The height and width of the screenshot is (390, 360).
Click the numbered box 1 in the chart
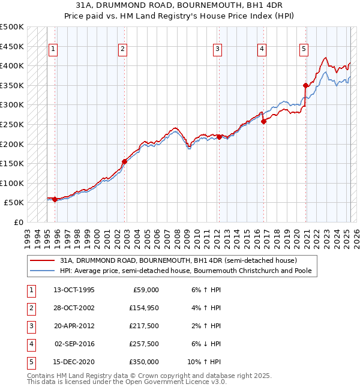[x=54, y=50]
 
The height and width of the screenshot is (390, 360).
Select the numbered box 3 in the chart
[x=217, y=50]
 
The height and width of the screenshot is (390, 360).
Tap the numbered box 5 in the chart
[x=304, y=50]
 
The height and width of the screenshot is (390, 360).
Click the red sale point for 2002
[x=124, y=161]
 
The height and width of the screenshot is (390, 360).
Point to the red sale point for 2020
[x=305, y=85]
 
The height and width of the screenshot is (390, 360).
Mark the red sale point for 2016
[x=263, y=121]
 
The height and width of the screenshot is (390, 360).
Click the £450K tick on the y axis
[x=12, y=46]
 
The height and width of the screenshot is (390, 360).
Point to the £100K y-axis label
[x=12, y=183]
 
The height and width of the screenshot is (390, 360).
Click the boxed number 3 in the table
[x=31, y=326]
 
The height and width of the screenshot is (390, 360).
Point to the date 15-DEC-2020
[x=74, y=362]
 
